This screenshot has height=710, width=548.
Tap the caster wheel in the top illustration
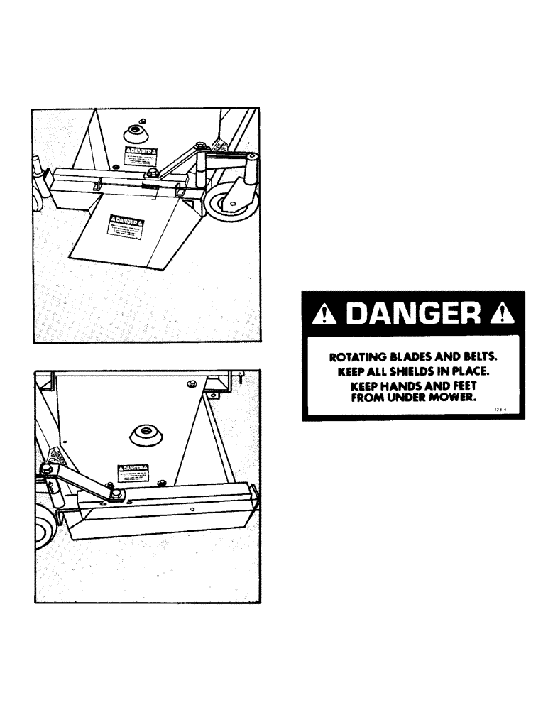point(229,201)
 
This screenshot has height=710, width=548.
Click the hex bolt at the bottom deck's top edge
point(191,384)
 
